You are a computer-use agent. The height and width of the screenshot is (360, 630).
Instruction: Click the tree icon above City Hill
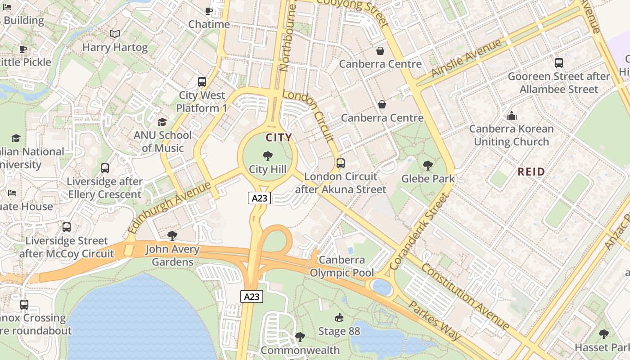pos(268,156)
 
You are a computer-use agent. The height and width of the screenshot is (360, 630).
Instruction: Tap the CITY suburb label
pos(279,138)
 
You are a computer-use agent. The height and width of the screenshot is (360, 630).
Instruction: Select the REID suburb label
pos(531,171)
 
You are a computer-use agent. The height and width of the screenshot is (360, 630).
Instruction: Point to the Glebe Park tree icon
pos(428,166)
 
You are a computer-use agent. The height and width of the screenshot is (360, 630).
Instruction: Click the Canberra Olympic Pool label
pos(342,266)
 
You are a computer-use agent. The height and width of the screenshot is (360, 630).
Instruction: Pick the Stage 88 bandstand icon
pos(339,318)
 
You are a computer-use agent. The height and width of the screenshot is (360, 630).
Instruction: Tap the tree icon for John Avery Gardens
pos(172,236)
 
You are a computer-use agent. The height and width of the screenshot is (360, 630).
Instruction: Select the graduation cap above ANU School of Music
pos(162,122)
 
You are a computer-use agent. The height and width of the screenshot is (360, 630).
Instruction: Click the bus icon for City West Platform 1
pos(202,82)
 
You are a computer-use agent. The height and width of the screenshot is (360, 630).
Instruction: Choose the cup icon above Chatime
pos(209,11)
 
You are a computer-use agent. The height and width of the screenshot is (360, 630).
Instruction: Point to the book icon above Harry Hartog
pos(115,34)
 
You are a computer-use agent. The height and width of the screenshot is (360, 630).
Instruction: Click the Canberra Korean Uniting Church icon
pos(511,116)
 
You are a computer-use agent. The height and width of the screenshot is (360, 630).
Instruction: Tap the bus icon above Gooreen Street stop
pos(558,63)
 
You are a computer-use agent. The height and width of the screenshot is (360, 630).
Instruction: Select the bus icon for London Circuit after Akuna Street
pos(341,163)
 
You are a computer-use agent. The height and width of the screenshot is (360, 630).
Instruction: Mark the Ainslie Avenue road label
pos(466,58)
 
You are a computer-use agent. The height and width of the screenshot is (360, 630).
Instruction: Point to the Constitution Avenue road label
pos(465,297)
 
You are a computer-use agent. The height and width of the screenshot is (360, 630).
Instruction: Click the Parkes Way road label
pos(434,320)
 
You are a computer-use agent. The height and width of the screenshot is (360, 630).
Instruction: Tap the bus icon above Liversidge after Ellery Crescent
pos(105,168)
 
